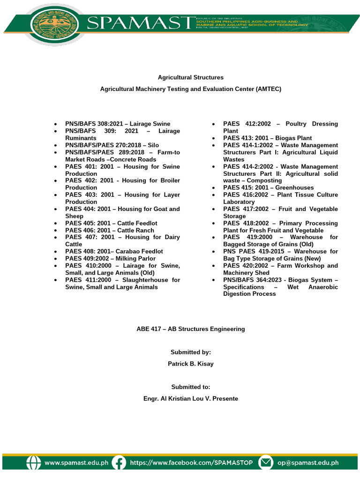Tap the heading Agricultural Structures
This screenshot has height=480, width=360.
click(190, 77)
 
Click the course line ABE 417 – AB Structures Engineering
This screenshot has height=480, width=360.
click(190, 329)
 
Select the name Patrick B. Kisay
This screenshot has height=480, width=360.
click(190, 364)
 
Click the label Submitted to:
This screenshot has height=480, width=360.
click(190, 387)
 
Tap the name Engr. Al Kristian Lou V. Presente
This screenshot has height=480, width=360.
click(190, 398)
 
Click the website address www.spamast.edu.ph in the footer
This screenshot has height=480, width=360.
click(76, 463)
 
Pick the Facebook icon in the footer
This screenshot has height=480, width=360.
click(120, 463)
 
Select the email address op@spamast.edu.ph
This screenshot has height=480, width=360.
click(307, 463)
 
